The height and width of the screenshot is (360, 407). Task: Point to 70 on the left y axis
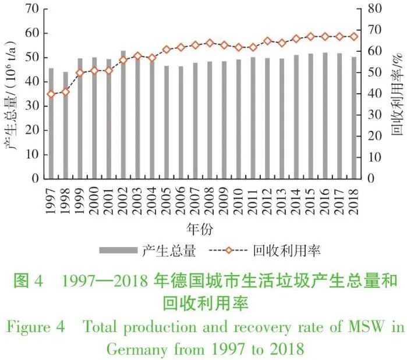tap(33, 9)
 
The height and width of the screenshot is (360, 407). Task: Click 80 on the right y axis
tap(374, 9)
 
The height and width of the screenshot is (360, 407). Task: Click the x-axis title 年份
tap(202, 226)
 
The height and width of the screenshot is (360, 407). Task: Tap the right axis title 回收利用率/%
tap(397, 93)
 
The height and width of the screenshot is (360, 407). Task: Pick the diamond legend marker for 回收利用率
tap(229, 251)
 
